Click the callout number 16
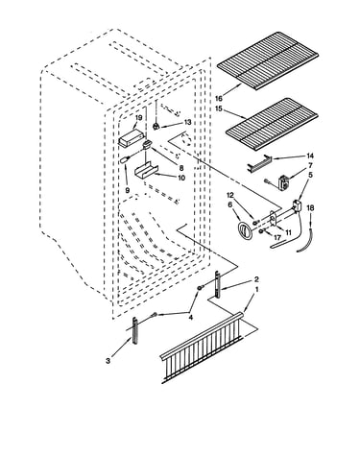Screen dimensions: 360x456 [219, 99]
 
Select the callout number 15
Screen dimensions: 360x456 [219, 108]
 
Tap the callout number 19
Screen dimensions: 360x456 [138, 118]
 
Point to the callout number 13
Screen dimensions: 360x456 [187, 122]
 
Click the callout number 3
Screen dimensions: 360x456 [108, 361]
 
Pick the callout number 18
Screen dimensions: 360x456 [310, 208]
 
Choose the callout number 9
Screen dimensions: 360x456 [128, 190]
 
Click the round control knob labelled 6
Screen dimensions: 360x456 [245, 231]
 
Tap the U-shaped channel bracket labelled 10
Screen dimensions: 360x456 [146, 170]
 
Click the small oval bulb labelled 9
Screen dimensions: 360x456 [123, 160]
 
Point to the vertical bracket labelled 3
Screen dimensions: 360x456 [135, 330]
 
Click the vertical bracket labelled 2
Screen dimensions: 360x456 [218, 285]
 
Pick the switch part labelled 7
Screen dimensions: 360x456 [283, 183]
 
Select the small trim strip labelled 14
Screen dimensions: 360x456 [259, 164]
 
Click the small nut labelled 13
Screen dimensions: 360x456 [156, 126]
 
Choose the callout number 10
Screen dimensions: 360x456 [181, 178]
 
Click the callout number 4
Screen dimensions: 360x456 [191, 317]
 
